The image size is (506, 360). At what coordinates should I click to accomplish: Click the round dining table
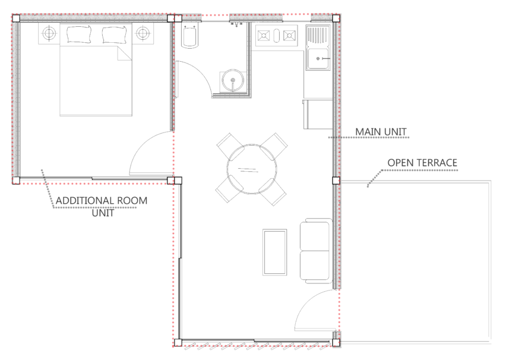(251, 168)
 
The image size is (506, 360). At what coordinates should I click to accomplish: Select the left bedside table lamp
(49, 34)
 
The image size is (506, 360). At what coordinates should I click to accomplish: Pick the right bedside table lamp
(143, 34)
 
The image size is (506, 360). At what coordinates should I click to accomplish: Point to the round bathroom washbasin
(232, 80)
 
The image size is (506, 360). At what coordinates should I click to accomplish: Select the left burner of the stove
(264, 36)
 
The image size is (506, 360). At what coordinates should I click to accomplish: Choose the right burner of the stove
(289, 36)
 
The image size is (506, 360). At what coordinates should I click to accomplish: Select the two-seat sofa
(315, 250)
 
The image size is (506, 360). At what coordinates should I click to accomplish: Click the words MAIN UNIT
(381, 131)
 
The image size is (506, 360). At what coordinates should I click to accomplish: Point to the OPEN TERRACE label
(422, 162)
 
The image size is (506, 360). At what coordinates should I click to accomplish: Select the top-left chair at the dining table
(229, 146)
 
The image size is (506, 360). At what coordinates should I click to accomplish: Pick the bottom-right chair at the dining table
(274, 191)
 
